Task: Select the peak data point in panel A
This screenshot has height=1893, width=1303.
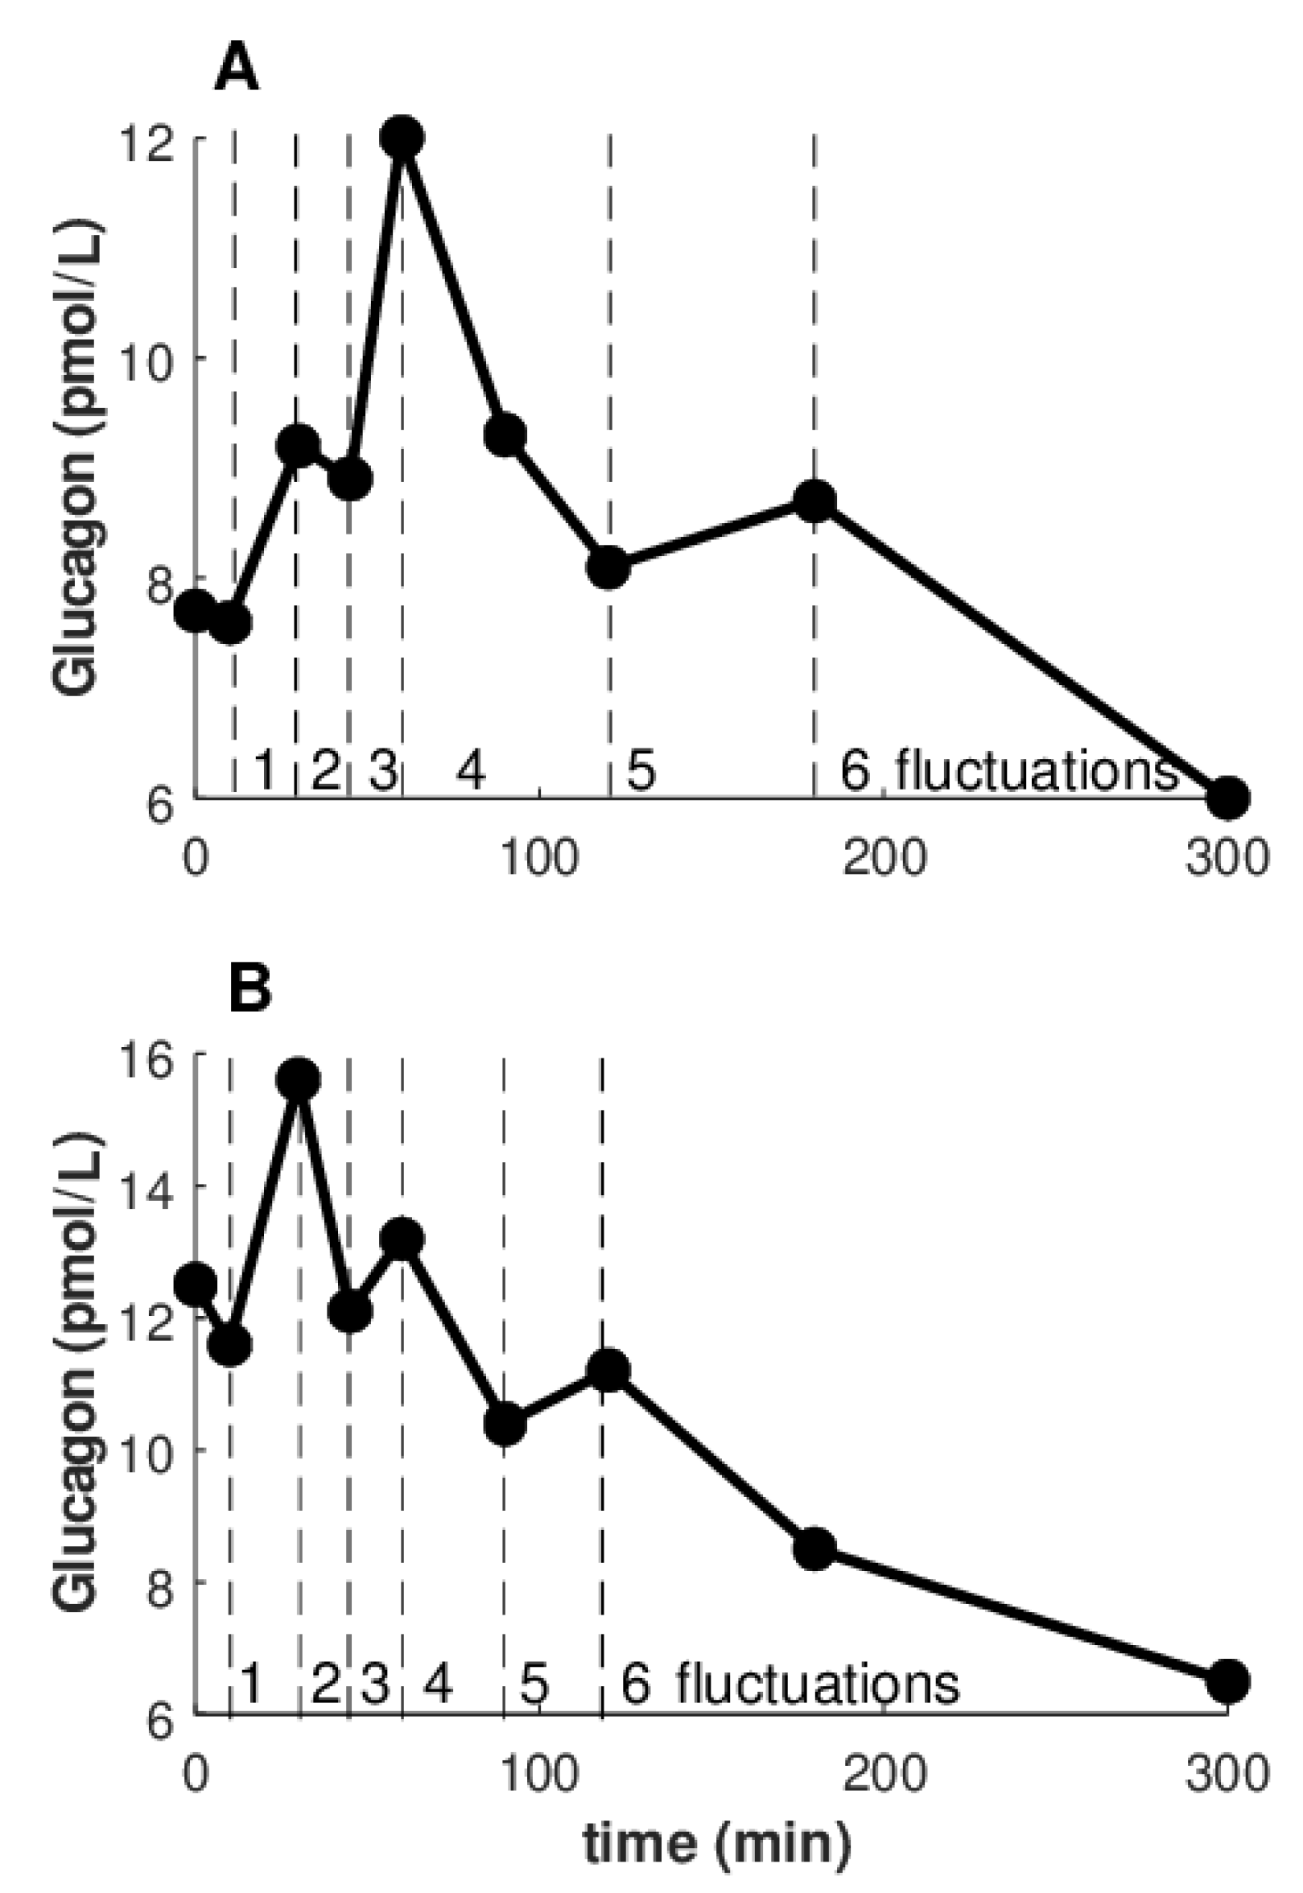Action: (x=402, y=137)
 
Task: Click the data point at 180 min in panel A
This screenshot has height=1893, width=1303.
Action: (x=814, y=501)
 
